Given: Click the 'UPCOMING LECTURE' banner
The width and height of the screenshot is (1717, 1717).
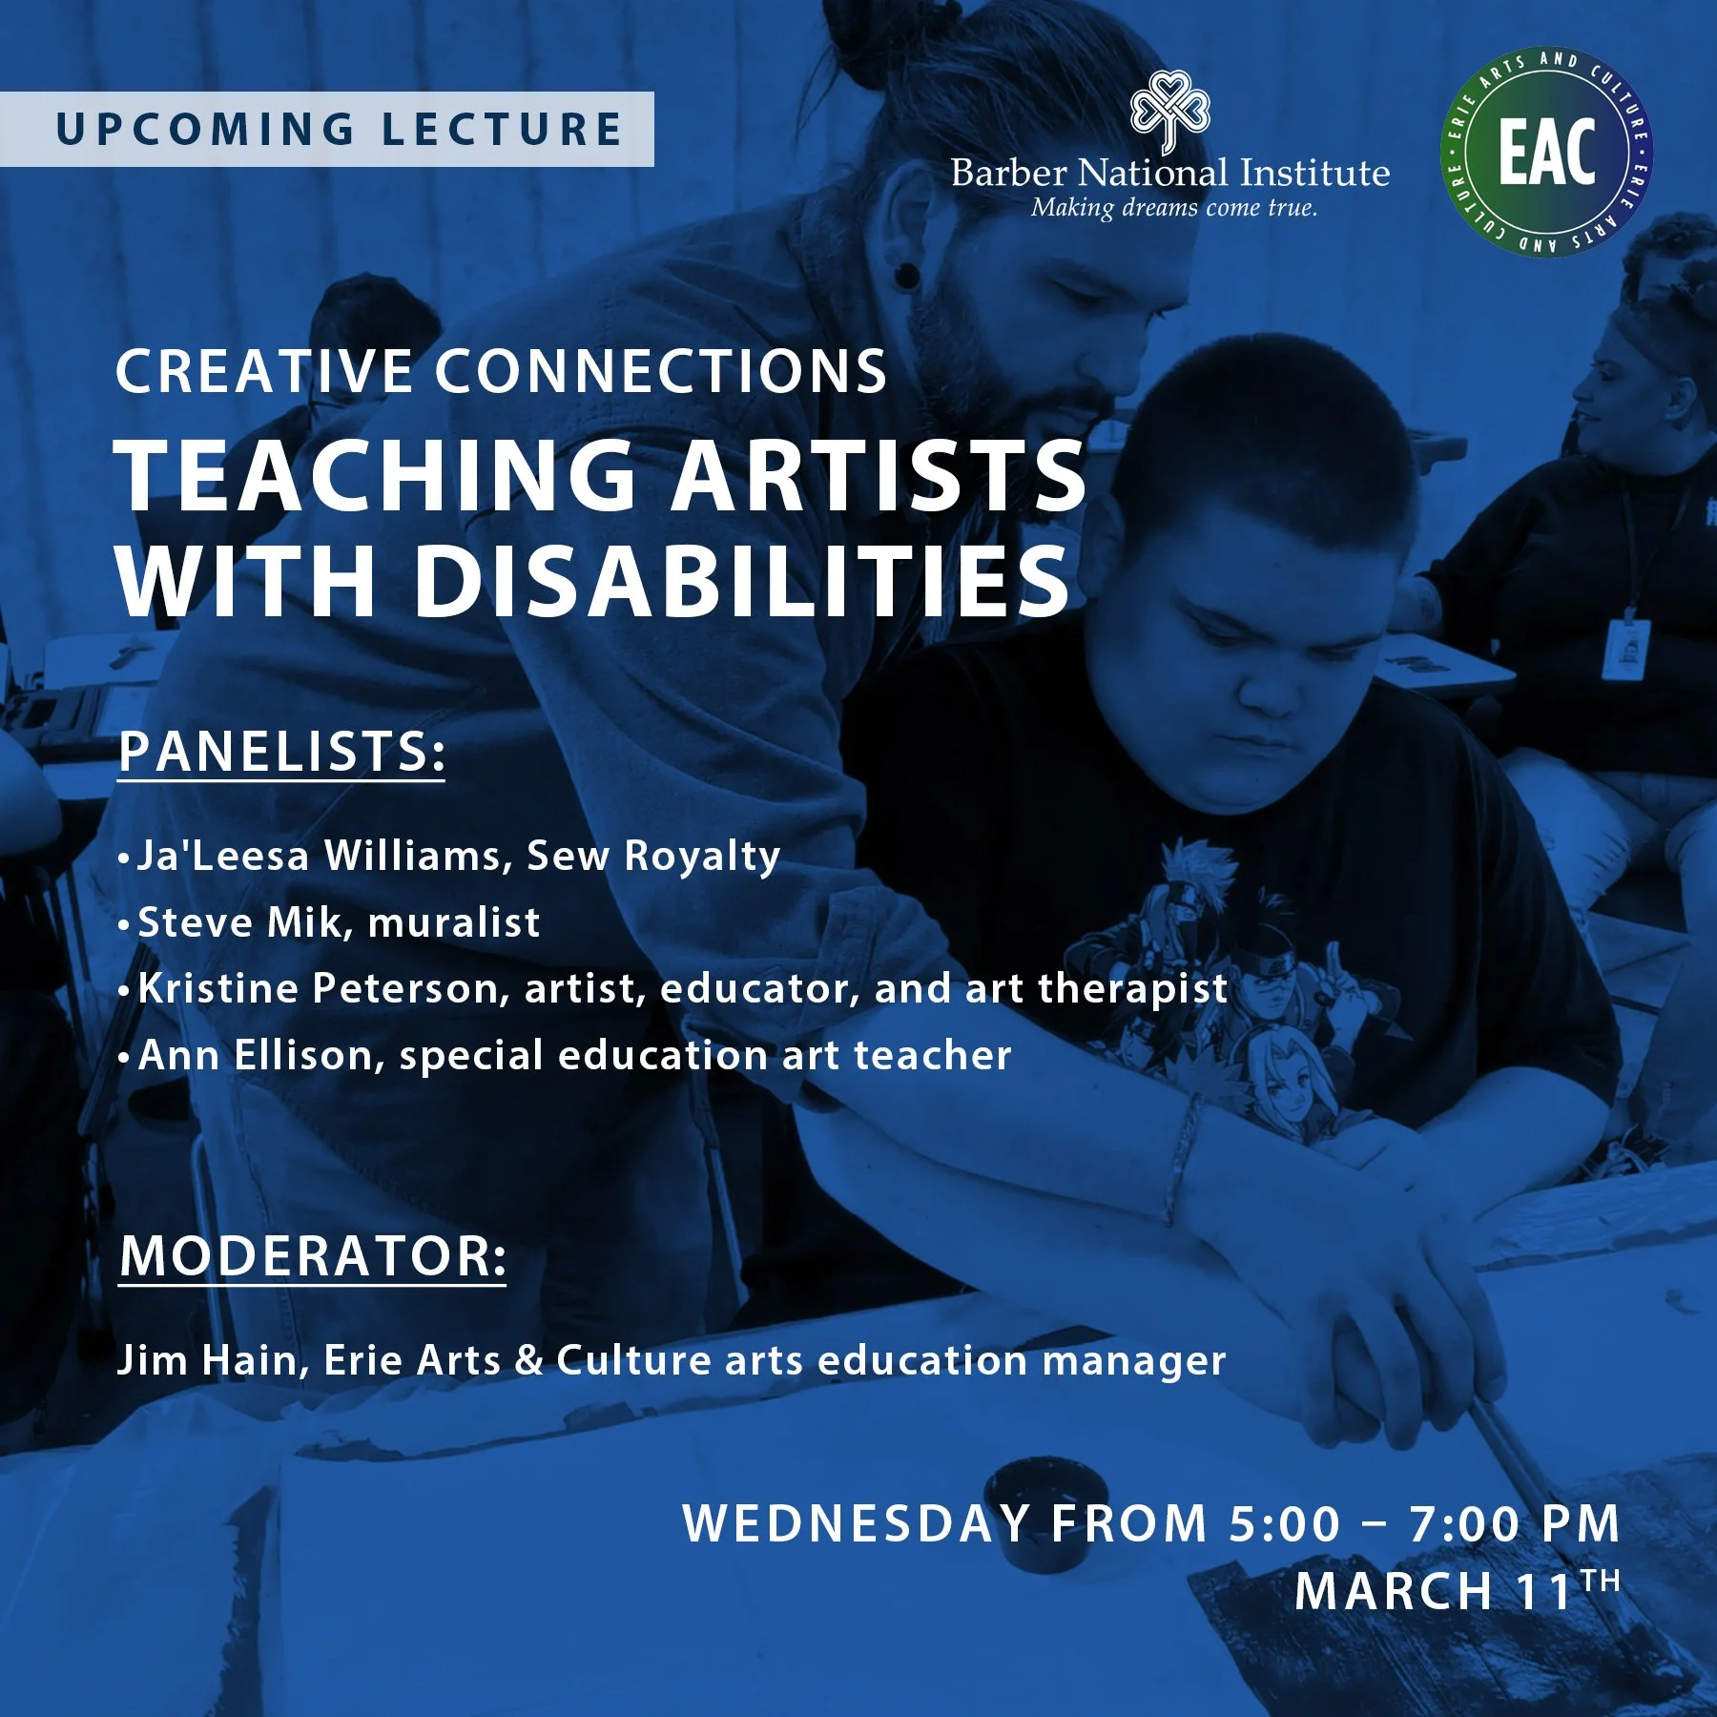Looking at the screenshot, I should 326,130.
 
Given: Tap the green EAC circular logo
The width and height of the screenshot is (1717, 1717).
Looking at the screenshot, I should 1545,153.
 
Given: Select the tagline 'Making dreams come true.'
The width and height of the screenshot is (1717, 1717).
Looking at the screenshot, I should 1173,208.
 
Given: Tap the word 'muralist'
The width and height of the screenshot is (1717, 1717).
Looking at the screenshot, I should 454,922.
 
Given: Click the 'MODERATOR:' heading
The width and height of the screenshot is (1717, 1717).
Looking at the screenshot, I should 313,1256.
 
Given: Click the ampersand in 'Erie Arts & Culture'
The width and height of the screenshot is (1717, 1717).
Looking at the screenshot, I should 528,1361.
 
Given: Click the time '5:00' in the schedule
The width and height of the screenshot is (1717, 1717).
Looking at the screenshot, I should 1284,1523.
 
